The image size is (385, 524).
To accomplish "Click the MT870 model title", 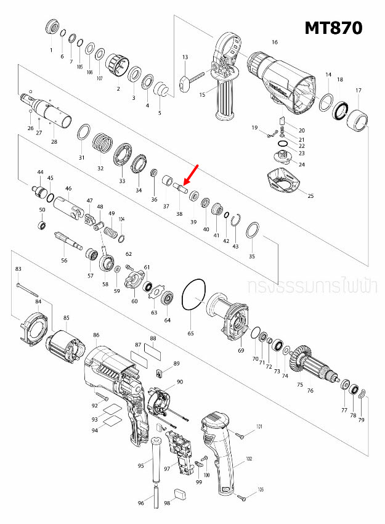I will point(333,28).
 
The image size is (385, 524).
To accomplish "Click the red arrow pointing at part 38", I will point(190,174).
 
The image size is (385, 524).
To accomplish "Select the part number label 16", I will point(275,43).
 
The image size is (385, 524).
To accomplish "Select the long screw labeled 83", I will point(28,289).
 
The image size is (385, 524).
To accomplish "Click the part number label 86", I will point(96,335).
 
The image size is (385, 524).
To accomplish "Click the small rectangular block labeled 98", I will point(180,493).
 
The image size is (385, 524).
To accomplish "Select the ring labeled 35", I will point(251,232).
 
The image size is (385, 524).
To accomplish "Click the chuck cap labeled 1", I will point(52,28).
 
